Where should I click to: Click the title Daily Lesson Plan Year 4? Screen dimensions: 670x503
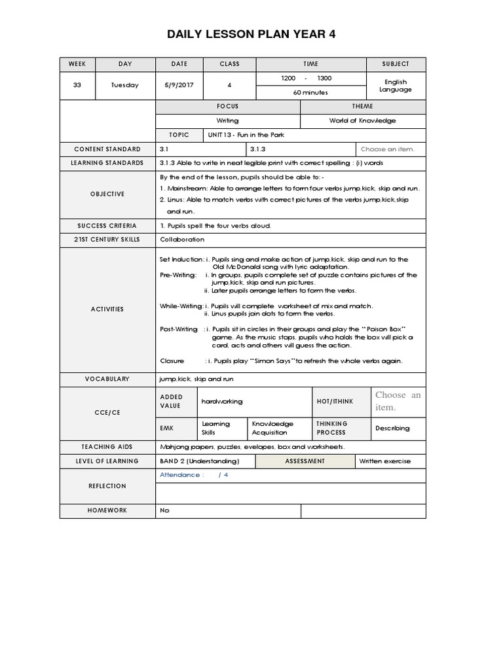click(x=251, y=34)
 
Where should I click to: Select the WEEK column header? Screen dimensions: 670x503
click(x=77, y=64)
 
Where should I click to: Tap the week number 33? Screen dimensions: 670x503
click(x=77, y=86)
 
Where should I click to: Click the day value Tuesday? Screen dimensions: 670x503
click(x=125, y=86)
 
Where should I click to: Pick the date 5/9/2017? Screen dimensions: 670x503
click(x=179, y=86)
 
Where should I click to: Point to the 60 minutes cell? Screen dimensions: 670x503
click(x=310, y=93)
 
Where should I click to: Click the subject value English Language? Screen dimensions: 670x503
click(x=396, y=86)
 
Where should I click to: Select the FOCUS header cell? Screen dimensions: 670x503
click(x=227, y=107)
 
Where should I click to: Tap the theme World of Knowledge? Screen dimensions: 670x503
click(x=362, y=121)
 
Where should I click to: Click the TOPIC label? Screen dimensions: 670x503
click(x=179, y=135)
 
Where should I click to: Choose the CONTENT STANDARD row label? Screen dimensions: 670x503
click(x=107, y=149)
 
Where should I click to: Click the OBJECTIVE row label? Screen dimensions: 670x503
click(x=107, y=194)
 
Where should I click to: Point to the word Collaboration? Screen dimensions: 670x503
click(x=182, y=239)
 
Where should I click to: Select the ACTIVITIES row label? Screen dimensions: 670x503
click(x=107, y=309)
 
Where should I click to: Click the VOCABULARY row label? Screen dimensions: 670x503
click(x=107, y=379)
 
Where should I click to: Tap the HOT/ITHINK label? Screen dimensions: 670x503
click(x=332, y=401)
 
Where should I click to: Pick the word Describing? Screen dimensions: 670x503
click(x=392, y=429)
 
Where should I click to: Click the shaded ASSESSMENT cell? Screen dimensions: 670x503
click(x=305, y=461)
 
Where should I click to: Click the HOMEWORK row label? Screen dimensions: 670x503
click(x=107, y=510)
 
